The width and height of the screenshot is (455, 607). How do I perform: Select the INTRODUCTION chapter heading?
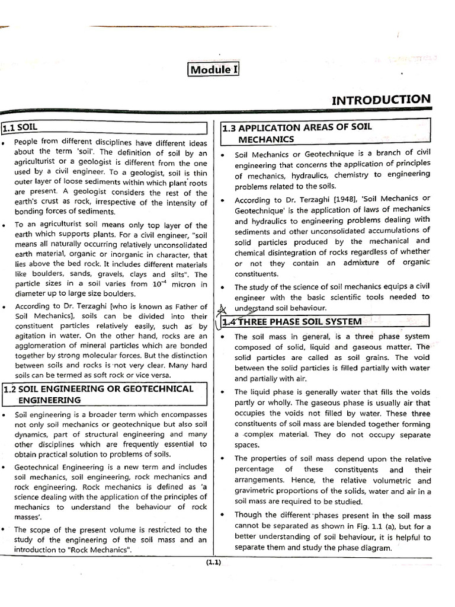pyautogui.click(x=381, y=100)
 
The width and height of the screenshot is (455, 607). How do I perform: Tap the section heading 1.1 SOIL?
pyautogui.click(x=20, y=127)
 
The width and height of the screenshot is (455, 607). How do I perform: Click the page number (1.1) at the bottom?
pyautogui.click(x=213, y=563)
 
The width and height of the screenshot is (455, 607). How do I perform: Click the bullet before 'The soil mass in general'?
pyautogui.click(x=222, y=337)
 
